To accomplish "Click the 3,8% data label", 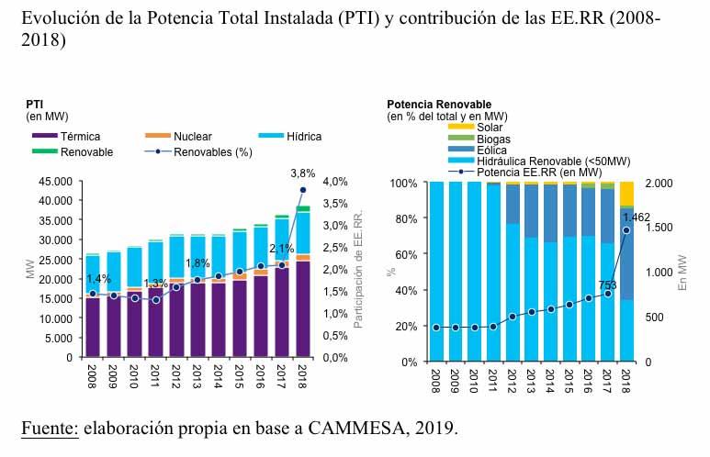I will (302, 173).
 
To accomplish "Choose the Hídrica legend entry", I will (303, 137).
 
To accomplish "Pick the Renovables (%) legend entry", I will (212, 152).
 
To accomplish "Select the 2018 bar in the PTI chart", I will (302, 284).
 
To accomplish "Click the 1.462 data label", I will (636, 217).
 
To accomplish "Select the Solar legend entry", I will (489, 128).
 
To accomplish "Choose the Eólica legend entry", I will (491, 150).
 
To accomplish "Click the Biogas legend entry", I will (493, 139).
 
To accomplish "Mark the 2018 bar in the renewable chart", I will (625, 275).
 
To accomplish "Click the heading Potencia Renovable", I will (439, 105).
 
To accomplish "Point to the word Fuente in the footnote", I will (48, 429).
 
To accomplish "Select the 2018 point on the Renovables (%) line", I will (302, 190).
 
